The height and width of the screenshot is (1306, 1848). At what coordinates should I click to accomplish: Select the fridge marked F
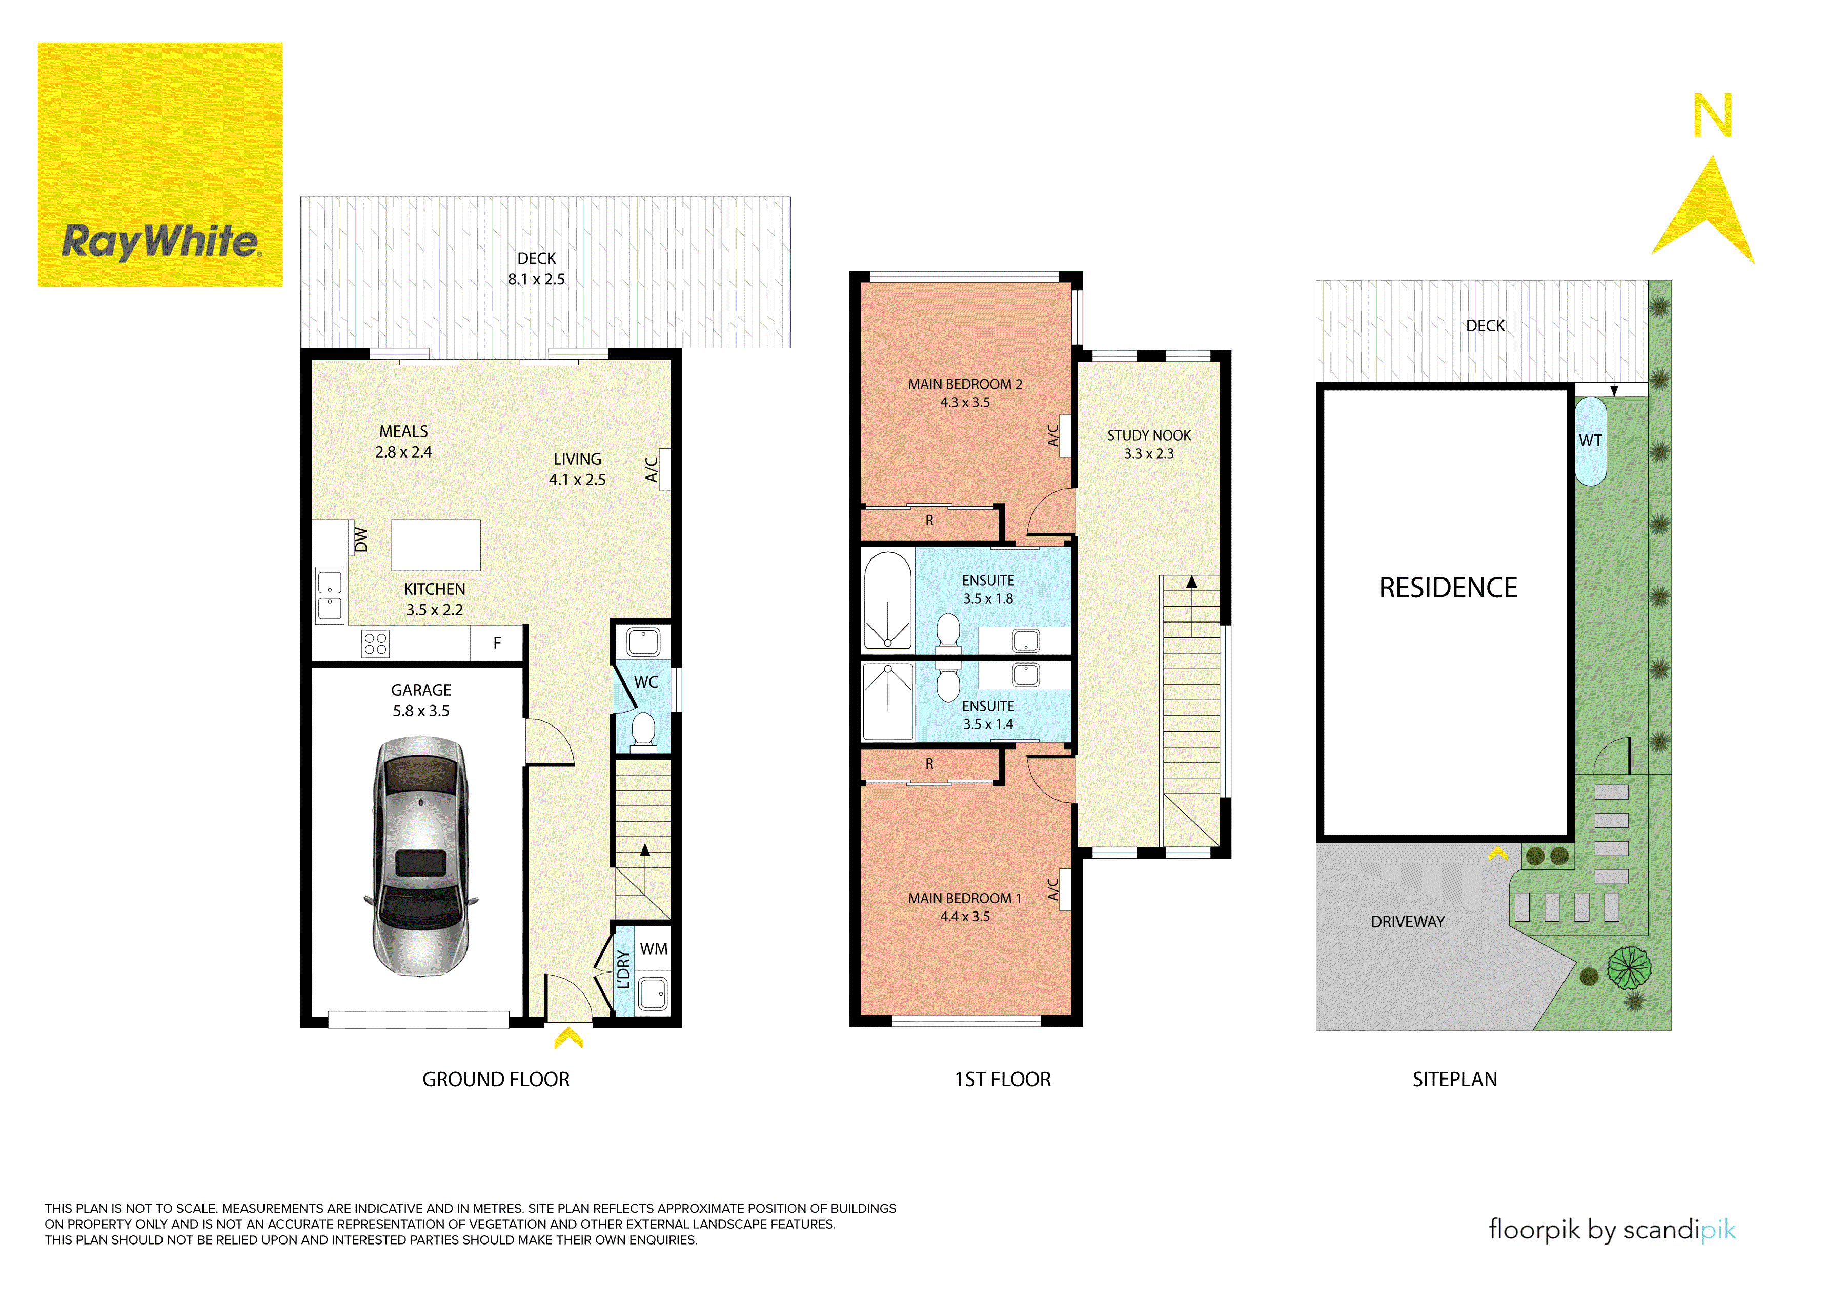point(497,643)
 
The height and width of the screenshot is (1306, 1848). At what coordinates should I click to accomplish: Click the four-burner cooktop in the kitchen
point(375,644)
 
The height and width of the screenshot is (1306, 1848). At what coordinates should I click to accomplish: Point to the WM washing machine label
point(654,949)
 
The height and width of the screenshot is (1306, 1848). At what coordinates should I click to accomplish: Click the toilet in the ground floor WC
point(643,731)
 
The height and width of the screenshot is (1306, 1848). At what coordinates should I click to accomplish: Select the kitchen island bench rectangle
point(435,545)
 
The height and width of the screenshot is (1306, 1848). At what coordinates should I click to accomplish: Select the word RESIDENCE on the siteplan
point(1448,588)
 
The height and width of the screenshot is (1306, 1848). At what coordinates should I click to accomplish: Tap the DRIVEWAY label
point(1408,921)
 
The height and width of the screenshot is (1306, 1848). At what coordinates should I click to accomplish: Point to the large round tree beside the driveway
point(1629,968)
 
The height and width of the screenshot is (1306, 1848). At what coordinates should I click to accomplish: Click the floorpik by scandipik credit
point(1611,1230)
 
